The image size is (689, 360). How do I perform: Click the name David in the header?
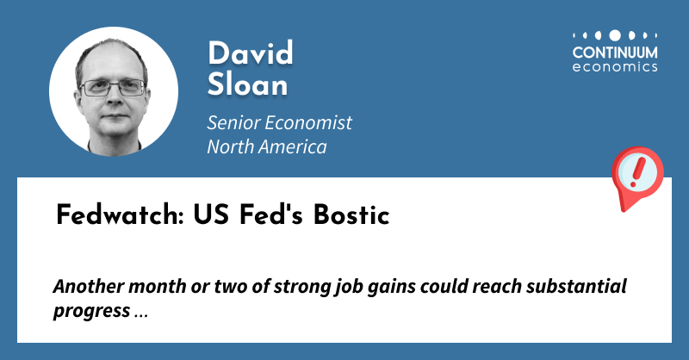pyautogui.click(x=251, y=53)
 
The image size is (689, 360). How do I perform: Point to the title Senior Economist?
pyautogui.click(x=279, y=122)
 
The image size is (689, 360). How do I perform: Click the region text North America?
pyautogui.click(x=266, y=146)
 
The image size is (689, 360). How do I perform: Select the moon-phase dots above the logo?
pyautogui.click(x=615, y=35)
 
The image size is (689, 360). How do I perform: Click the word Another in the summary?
pyautogui.click(x=85, y=286)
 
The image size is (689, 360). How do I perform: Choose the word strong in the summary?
pyautogui.click(x=273, y=286)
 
